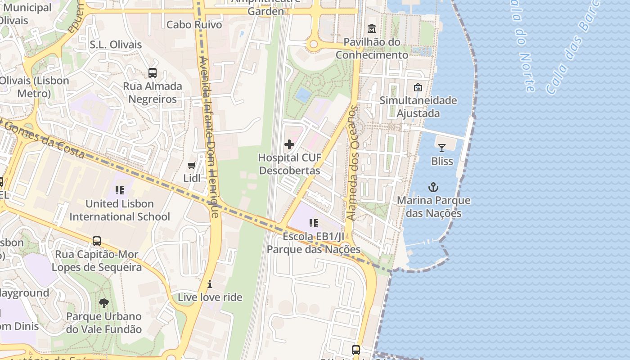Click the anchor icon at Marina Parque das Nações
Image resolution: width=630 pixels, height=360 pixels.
coord(433,187)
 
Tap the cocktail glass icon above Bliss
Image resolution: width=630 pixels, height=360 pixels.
coord(442,148)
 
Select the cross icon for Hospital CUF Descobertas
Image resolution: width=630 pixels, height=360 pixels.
coord(289,144)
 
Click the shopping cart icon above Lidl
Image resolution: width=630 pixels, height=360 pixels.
coord(192,165)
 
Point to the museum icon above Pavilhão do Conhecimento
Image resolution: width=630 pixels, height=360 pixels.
coord(372,29)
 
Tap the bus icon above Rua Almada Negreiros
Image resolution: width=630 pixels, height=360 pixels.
coord(153,72)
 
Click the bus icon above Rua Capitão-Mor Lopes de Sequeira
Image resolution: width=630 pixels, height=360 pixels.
coord(97,241)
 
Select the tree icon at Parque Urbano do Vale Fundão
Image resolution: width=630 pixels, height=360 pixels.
coord(104,303)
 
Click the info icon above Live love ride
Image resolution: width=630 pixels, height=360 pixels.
coord(210,284)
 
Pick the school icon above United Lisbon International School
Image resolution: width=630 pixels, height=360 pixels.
coord(120,190)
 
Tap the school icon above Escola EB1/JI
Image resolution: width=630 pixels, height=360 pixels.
coord(314,223)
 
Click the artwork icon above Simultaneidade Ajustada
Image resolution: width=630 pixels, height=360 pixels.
coord(418,87)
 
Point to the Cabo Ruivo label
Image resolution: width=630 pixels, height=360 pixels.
coord(194,25)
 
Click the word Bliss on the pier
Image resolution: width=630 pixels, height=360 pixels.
coord(442,161)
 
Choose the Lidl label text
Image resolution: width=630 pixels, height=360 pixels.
coord(192,178)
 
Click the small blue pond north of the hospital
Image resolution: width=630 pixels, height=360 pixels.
coord(303,94)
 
